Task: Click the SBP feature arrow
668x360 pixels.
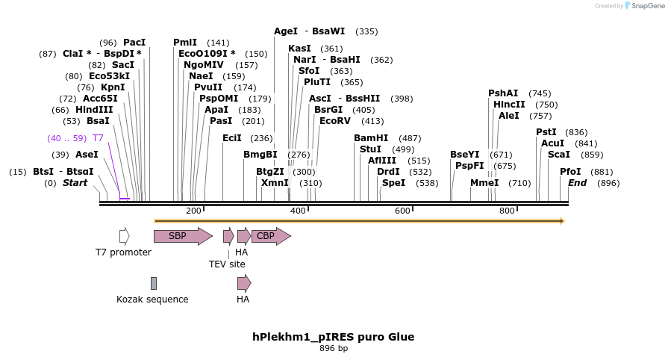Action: pyautogui.click(x=182, y=237)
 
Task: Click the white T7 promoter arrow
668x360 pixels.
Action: pyautogui.click(x=124, y=237)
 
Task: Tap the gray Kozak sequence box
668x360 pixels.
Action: pyautogui.click(x=154, y=283)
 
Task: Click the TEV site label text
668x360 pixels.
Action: pyautogui.click(x=227, y=264)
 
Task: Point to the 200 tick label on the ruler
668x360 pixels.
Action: pyautogui.click(x=193, y=211)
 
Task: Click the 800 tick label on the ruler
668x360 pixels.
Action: pyautogui.click(x=507, y=211)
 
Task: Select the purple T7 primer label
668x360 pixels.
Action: pyautogui.click(x=98, y=138)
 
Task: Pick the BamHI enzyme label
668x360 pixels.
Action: pyautogui.click(x=371, y=138)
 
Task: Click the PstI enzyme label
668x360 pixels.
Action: pyautogui.click(x=546, y=132)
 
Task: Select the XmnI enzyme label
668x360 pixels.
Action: pyautogui.click(x=275, y=183)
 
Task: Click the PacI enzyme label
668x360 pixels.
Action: pyautogui.click(x=134, y=43)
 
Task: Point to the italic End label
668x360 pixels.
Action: pyautogui.click(x=577, y=183)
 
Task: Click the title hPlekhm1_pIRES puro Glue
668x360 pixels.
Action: pyautogui.click(x=333, y=337)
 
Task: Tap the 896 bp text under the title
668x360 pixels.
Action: pyautogui.click(x=333, y=349)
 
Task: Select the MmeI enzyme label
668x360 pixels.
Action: pyautogui.click(x=484, y=183)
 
